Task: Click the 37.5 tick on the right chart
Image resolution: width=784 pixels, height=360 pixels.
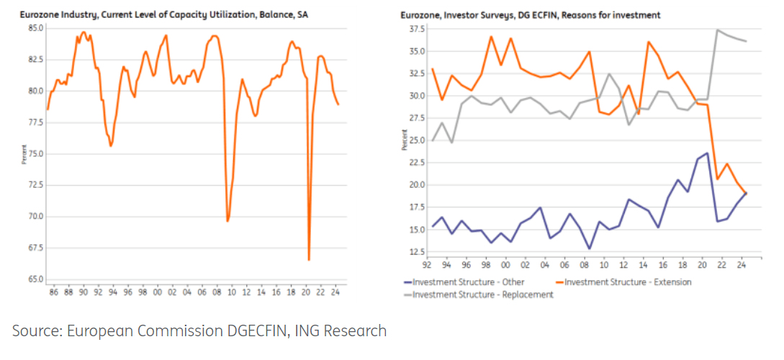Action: pos(417,30)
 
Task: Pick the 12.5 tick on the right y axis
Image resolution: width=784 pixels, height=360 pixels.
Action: pos(417,251)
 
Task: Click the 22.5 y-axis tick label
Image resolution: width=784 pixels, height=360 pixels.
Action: pos(417,162)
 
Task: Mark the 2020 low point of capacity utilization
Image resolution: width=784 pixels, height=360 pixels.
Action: pos(309,260)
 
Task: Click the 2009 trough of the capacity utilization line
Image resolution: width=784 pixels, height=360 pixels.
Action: pos(227,221)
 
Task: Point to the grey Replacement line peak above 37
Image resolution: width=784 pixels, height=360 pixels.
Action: pos(717,30)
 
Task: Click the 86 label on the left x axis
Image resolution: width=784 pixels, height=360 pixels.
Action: pos(53,293)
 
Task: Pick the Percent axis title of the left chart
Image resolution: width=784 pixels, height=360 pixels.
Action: pos(24,154)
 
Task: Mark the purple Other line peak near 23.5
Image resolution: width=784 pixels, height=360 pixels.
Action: pos(707,153)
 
